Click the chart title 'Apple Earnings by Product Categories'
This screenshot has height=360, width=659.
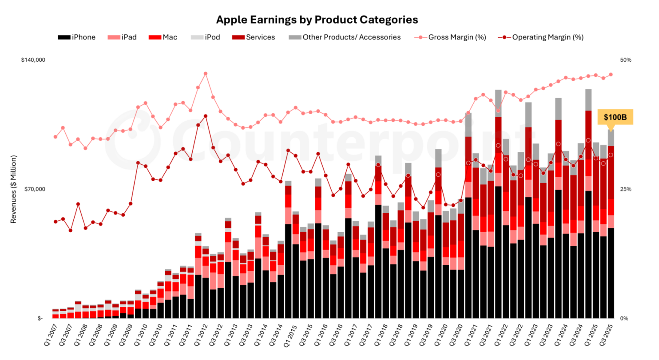click(x=317, y=20)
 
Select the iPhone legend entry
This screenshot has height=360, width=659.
click(x=77, y=37)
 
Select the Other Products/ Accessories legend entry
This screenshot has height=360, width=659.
click(x=345, y=37)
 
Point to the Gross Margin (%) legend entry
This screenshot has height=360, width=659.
click(x=450, y=37)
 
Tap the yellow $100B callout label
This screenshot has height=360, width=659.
click(x=615, y=117)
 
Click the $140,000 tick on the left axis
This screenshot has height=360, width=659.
click(x=33, y=60)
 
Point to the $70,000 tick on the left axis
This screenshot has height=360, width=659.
click(x=35, y=189)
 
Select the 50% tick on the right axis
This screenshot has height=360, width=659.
click(x=626, y=60)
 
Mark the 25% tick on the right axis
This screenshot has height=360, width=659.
click(x=626, y=189)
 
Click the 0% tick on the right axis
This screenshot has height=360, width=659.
click(x=624, y=318)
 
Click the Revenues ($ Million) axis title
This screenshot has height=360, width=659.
click(x=13, y=189)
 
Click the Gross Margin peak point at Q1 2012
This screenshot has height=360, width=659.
click(x=206, y=74)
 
